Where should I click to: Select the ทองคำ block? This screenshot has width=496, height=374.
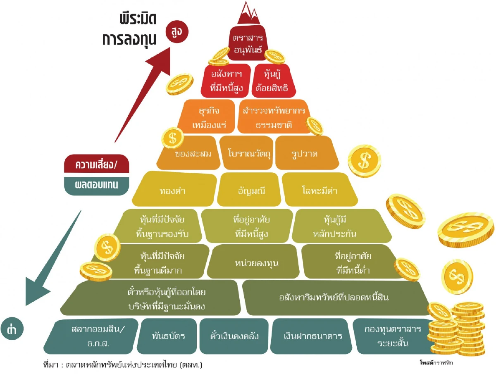pyautogui.click(x=174, y=191)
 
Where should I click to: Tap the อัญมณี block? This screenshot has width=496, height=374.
pyautogui.click(x=249, y=191)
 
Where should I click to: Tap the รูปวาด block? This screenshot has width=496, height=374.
pyautogui.click(x=304, y=154)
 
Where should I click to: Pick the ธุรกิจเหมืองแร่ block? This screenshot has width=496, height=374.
pyautogui.click(x=209, y=118)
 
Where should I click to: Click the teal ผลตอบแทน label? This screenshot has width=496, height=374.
pyautogui.click(x=97, y=185)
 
